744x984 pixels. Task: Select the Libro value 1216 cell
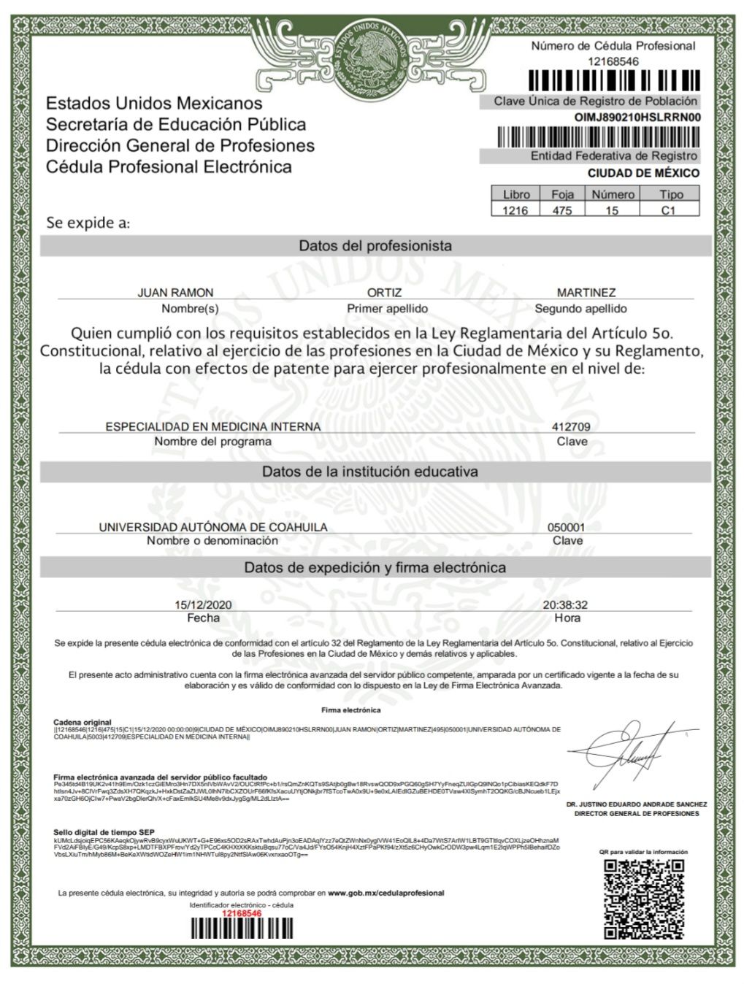click(515, 210)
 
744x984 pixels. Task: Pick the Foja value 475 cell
click(561, 210)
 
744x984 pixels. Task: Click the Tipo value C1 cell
click(669, 210)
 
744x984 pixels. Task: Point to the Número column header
click(613, 194)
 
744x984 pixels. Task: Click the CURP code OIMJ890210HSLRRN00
click(637, 117)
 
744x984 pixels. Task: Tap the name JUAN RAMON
click(175, 293)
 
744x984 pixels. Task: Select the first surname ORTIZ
click(384, 293)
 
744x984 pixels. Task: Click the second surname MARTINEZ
click(586, 293)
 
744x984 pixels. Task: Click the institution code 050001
click(566, 527)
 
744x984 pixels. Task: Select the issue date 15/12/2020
click(203, 605)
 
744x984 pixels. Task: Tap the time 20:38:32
click(565, 605)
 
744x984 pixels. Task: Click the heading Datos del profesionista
click(375, 246)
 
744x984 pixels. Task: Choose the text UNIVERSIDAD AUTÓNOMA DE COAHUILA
click(213, 527)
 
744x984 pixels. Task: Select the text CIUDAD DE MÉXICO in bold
click(643, 173)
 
